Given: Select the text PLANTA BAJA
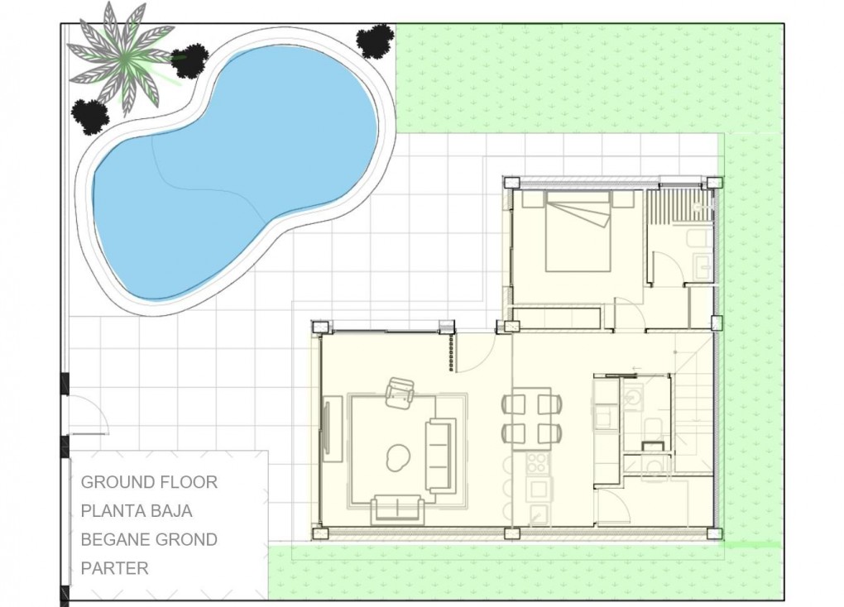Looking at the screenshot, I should (137, 511).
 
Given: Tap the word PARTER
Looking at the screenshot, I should (114, 568).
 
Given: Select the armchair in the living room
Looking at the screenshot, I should (400, 392).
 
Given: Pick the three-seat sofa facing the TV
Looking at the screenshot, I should (440, 454).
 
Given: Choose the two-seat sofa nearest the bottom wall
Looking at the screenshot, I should (397, 508).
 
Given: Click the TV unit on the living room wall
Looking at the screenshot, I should (332, 428).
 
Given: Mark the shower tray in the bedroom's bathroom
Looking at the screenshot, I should (679, 205).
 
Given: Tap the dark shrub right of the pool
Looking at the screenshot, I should (375, 41).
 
